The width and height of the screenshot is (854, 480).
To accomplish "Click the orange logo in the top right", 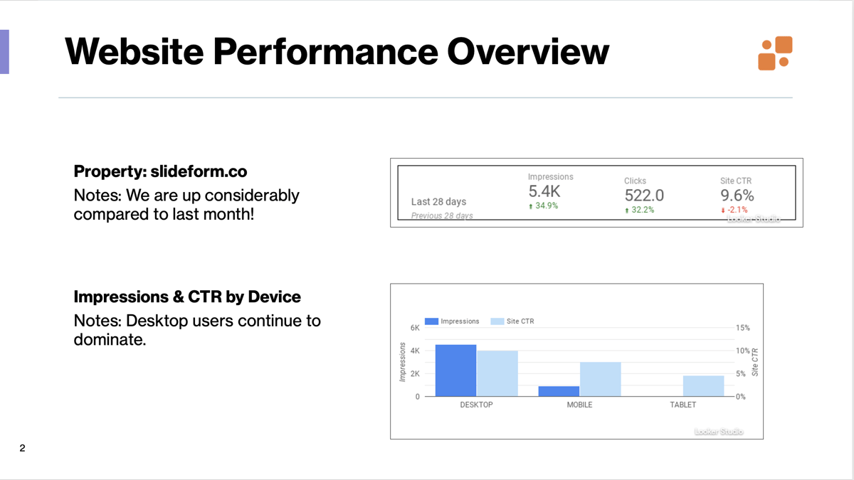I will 776,53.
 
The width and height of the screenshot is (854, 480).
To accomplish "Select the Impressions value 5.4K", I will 544,191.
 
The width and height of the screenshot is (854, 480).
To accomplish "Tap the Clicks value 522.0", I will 644,195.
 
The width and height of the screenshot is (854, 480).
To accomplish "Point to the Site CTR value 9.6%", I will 737,195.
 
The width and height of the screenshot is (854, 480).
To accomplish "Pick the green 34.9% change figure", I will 545,206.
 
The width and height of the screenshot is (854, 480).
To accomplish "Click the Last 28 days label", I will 438,202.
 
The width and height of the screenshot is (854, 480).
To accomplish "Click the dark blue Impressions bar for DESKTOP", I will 455,370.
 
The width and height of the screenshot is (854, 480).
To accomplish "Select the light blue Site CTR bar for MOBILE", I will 600,379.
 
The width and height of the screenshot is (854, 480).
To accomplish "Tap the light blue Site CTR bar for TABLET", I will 703,385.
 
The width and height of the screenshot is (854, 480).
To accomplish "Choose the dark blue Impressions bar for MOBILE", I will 559,391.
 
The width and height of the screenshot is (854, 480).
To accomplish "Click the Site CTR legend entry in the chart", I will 514,321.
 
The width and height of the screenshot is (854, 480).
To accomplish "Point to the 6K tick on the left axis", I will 414,328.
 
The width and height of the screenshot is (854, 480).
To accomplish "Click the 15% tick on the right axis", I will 742,328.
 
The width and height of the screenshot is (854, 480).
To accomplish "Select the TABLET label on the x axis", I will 682,405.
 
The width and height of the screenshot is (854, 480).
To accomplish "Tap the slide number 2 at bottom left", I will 23,448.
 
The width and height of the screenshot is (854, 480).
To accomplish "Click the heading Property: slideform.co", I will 160,171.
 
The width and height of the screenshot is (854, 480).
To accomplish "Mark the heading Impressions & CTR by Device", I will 187,297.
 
